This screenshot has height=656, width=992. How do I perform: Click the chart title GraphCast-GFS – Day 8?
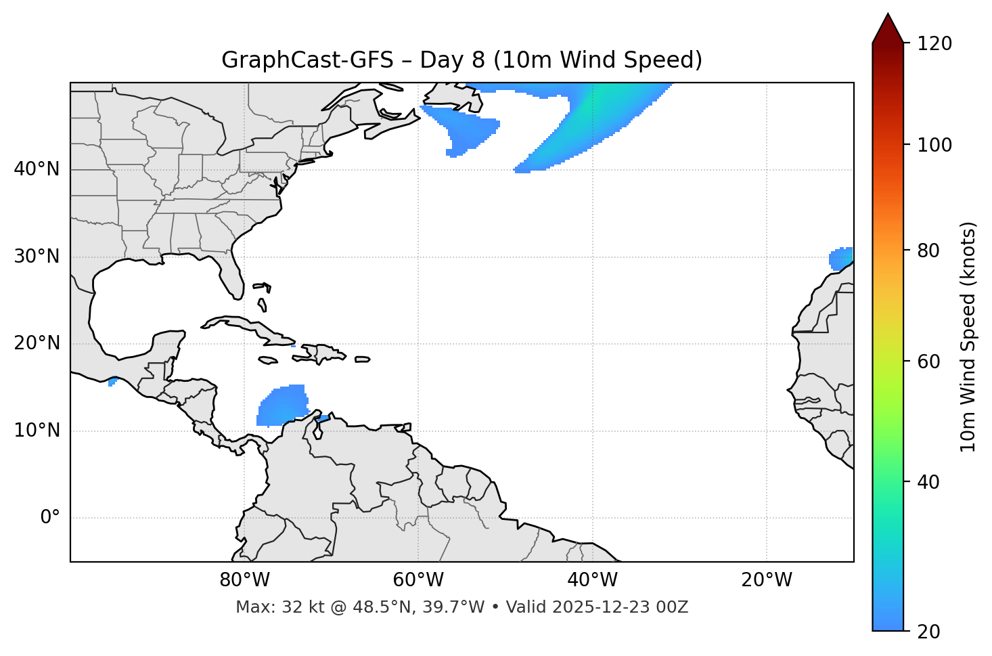461,60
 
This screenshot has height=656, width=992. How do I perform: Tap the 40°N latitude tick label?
37,169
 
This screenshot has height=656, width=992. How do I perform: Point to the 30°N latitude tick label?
37,257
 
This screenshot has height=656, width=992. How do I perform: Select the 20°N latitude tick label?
37,343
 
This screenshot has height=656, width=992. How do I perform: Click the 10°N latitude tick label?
37,431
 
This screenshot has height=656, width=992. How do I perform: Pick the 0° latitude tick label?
50,518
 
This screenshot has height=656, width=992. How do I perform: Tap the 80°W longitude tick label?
244,580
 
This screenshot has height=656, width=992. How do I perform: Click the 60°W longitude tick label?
418,580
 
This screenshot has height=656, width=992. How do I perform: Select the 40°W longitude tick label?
592,580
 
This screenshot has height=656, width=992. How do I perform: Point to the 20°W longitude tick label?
766,580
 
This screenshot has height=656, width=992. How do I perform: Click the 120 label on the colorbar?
934,44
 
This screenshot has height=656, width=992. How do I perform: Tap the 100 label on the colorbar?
934,145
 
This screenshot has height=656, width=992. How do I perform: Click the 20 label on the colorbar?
930,632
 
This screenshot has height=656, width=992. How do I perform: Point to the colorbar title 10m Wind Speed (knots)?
968,336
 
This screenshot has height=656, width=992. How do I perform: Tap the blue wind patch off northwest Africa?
840,259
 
